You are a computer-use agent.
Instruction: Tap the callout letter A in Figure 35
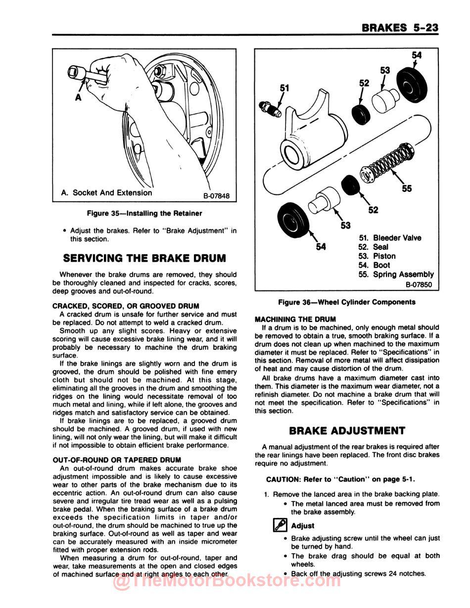click(x=78, y=98)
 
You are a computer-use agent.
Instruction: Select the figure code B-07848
click(x=216, y=195)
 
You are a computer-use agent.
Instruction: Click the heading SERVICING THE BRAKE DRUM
click(x=144, y=258)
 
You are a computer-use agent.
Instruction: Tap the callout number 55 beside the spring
click(x=406, y=188)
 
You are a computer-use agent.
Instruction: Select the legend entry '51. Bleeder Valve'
click(x=390, y=238)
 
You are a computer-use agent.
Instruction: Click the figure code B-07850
click(x=419, y=284)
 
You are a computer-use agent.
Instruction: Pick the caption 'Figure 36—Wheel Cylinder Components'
click(x=346, y=302)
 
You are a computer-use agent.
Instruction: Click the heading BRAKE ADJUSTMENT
click(x=347, y=430)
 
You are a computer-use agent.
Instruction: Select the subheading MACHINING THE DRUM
click(x=295, y=319)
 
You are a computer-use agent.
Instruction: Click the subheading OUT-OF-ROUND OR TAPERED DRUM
click(x=117, y=460)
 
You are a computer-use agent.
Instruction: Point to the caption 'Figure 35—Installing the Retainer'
click(x=144, y=213)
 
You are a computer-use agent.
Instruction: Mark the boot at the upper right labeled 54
click(x=413, y=85)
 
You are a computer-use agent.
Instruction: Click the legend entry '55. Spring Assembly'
click(x=396, y=275)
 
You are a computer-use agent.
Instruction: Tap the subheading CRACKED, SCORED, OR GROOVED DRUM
click(x=126, y=306)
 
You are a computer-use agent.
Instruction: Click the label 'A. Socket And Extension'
click(x=106, y=193)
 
